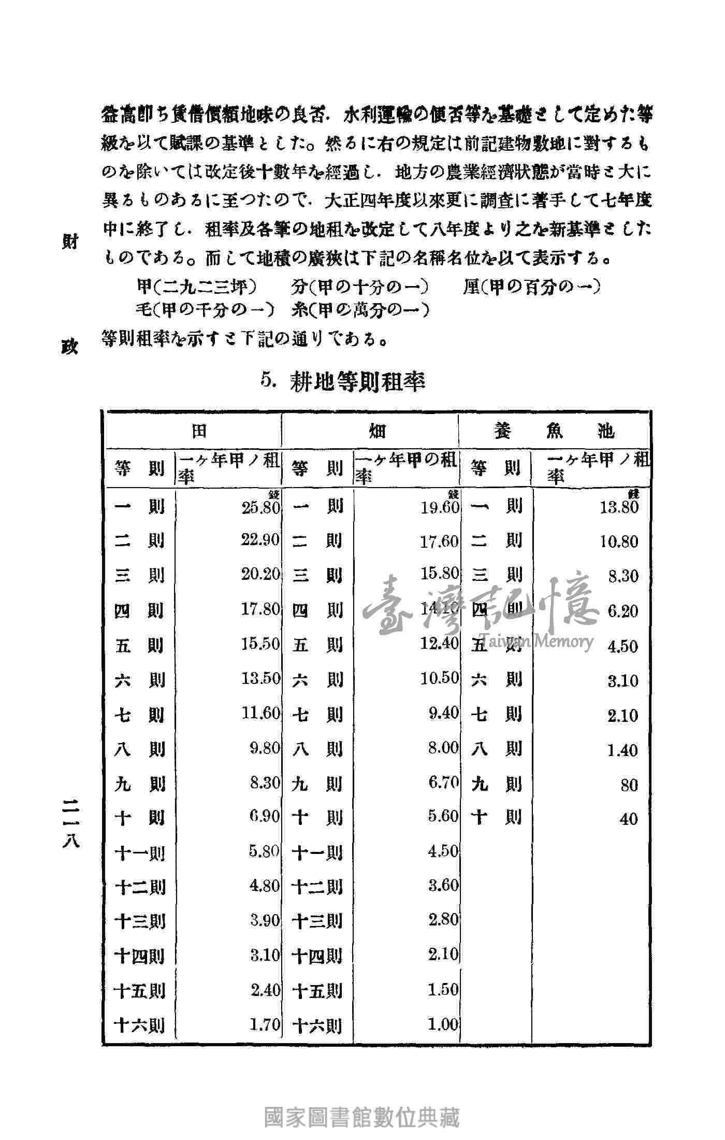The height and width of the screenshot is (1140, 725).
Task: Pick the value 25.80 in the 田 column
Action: click(260, 507)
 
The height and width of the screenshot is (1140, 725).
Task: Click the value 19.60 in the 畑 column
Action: click(440, 507)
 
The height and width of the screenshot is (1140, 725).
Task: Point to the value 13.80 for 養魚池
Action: click(619, 507)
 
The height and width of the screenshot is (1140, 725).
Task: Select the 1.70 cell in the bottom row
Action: click(265, 1024)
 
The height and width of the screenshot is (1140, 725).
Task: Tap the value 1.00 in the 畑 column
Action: click(444, 1024)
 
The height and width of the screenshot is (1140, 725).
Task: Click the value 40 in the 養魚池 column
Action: click(629, 819)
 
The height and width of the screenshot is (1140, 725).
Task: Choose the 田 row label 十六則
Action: click(139, 1025)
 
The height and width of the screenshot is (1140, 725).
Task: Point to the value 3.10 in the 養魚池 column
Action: click(623, 680)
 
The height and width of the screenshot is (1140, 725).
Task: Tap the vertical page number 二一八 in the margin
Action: click(70, 821)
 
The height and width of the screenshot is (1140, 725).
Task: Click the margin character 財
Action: click(70, 242)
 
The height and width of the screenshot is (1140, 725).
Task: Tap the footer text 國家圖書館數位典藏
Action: click(362, 1118)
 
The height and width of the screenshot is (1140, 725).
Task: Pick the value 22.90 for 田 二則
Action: click(260, 540)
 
